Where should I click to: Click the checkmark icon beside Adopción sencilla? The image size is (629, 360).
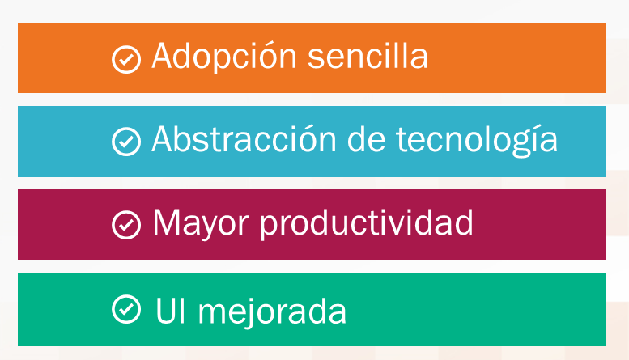pyautogui.click(x=125, y=59)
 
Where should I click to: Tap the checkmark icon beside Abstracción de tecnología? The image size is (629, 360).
pyautogui.click(x=125, y=142)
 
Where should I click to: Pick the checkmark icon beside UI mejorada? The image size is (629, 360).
pyautogui.click(x=125, y=308)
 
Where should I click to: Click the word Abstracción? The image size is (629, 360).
pyautogui.click(x=242, y=140)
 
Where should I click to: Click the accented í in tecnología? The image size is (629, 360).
pyautogui.click(x=532, y=140)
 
